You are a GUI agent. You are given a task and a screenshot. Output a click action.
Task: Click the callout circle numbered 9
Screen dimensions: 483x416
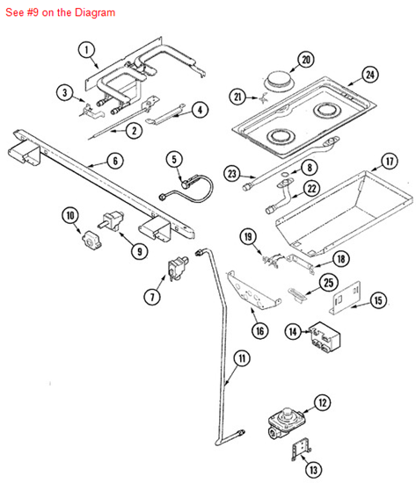139,251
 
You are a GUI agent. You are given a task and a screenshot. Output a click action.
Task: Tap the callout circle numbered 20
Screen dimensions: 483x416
305,60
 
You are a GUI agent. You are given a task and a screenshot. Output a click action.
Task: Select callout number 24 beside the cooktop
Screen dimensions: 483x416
370,75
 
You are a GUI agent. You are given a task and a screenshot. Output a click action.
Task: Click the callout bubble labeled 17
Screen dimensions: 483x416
388,162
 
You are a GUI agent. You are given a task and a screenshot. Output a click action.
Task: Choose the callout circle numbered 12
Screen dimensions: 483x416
323,403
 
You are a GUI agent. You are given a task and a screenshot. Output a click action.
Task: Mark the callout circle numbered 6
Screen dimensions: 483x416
115,161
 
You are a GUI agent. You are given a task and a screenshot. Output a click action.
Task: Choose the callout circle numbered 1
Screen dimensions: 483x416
86,50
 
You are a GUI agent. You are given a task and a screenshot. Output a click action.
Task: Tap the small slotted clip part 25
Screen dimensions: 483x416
298,294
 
